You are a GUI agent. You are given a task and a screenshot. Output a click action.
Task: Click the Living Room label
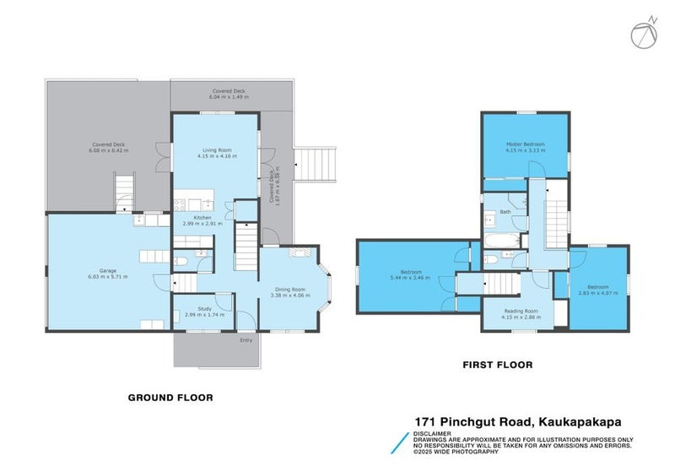coord(214,149)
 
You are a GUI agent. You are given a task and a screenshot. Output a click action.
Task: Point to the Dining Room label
coord(287,289)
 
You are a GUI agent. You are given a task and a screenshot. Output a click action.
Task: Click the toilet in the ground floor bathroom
coord(181,263)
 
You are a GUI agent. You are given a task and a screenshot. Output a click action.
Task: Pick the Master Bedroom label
coord(525,144)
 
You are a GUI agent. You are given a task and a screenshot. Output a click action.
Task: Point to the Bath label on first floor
coord(505,212)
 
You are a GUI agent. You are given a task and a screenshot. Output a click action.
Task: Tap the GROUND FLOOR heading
coord(170,397)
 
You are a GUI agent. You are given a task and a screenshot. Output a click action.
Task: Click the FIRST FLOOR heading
coord(496,365)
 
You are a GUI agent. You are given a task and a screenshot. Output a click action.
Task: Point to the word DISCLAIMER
coord(432,433)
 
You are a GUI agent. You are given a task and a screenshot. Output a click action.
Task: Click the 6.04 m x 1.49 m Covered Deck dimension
coord(228,97)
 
